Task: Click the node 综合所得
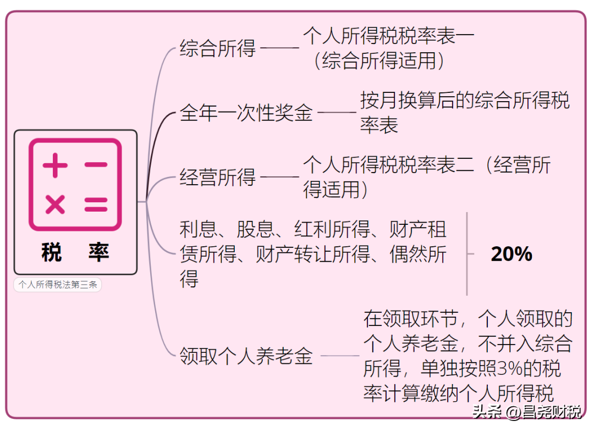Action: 217,48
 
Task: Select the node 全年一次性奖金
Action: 246,113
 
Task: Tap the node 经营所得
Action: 217,177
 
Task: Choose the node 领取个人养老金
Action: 246,356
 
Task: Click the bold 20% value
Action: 512,254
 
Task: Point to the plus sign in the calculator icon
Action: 56,165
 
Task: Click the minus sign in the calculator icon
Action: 96,165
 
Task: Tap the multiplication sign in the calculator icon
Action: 56,204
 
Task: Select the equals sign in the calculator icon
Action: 96,204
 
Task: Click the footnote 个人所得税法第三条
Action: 58,285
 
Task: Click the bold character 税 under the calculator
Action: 52,252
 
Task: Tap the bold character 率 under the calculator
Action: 99,252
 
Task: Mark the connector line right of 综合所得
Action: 280,48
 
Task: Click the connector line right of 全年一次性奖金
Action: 337,112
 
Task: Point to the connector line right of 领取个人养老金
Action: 340,356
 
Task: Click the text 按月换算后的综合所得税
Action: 465,101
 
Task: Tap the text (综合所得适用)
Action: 379,60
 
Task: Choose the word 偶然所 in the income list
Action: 418,254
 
